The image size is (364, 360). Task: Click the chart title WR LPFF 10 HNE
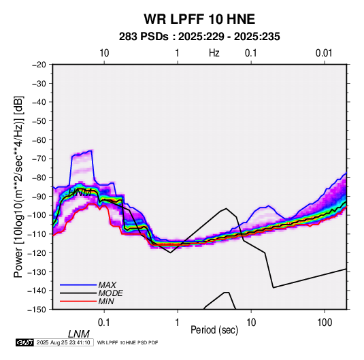tap(199, 19)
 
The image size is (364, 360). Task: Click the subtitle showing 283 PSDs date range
tap(199, 37)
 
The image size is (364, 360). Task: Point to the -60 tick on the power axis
tap(39, 140)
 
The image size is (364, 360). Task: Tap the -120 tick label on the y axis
tap(37, 252)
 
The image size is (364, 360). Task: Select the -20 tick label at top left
tap(39, 65)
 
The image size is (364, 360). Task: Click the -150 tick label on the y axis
tap(37, 310)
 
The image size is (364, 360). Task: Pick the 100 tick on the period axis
tap(325, 323)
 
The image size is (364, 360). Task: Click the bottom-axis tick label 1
tap(178, 323)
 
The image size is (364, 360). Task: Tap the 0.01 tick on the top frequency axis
tap(324, 53)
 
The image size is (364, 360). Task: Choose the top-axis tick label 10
tap(104, 53)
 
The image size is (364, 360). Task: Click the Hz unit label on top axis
tap(214, 53)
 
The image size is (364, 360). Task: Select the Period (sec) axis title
tap(214, 330)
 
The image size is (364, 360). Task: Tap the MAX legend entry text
tap(107, 285)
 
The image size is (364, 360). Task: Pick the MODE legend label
tap(110, 293)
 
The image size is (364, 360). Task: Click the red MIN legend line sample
tap(78, 301)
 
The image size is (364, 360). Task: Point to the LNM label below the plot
tap(79, 334)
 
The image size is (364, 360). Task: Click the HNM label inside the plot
tap(80, 193)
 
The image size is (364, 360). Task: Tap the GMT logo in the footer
tap(25, 342)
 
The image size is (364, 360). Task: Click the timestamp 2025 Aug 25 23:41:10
tap(63, 342)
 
